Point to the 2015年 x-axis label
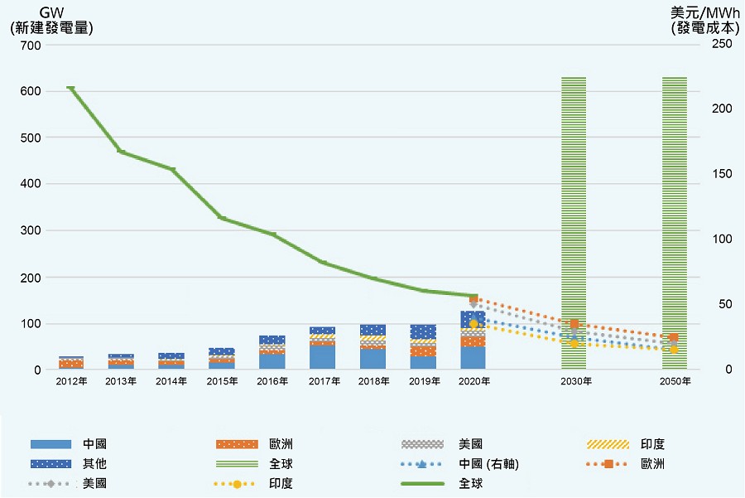tap(221, 382)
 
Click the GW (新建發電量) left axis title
tap(50, 21)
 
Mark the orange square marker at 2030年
tap(574, 324)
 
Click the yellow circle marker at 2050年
tap(674, 350)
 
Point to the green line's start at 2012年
tap(70, 88)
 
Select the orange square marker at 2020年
tap(473, 299)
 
